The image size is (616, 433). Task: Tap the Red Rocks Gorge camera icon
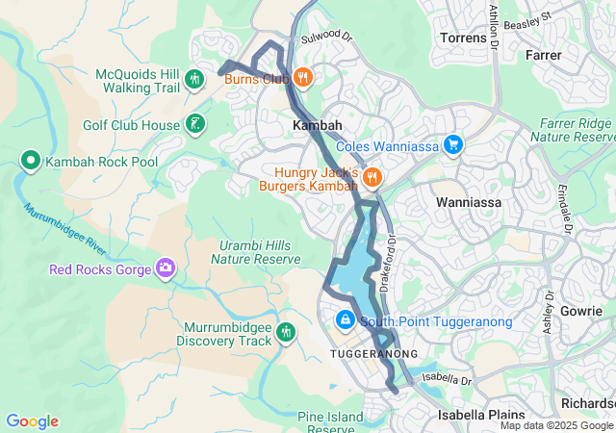(166, 268)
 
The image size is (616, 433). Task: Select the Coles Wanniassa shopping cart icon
(453, 146)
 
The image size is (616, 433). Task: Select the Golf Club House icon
(195, 124)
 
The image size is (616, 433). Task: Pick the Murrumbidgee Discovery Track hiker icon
(285, 333)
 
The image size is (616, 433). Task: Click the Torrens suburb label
(463, 38)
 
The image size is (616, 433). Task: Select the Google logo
(32, 421)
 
